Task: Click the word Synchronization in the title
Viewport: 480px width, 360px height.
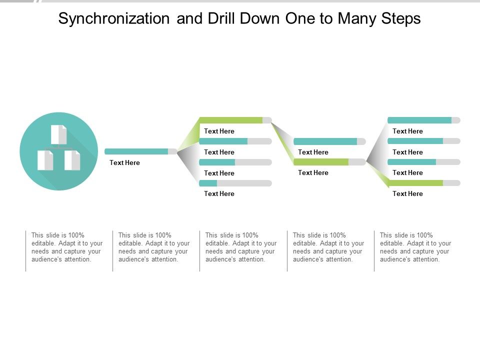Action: pyautogui.click(x=114, y=19)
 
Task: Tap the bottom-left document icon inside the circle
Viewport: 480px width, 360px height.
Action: pyautogui.click(x=45, y=160)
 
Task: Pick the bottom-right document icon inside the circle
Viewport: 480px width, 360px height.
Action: pyautogui.click(x=72, y=160)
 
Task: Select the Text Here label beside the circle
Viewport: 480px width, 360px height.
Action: pyautogui.click(x=124, y=163)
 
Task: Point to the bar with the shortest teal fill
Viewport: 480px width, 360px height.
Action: pyautogui.click(x=235, y=183)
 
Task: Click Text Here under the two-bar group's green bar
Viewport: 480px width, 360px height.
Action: pyautogui.click(x=313, y=173)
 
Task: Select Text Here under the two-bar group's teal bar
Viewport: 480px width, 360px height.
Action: pyautogui.click(x=313, y=152)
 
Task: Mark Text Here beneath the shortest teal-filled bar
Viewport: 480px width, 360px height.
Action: pyautogui.click(x=219, y=194)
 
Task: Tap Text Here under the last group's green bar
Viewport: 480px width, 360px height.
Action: pyautogui.click(x=407, y=194)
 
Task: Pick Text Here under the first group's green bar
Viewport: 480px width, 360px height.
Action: pyautogui.click(x=219, y=131)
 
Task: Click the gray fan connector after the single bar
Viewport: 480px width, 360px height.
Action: pyautogui.click(x=187, y=160)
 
